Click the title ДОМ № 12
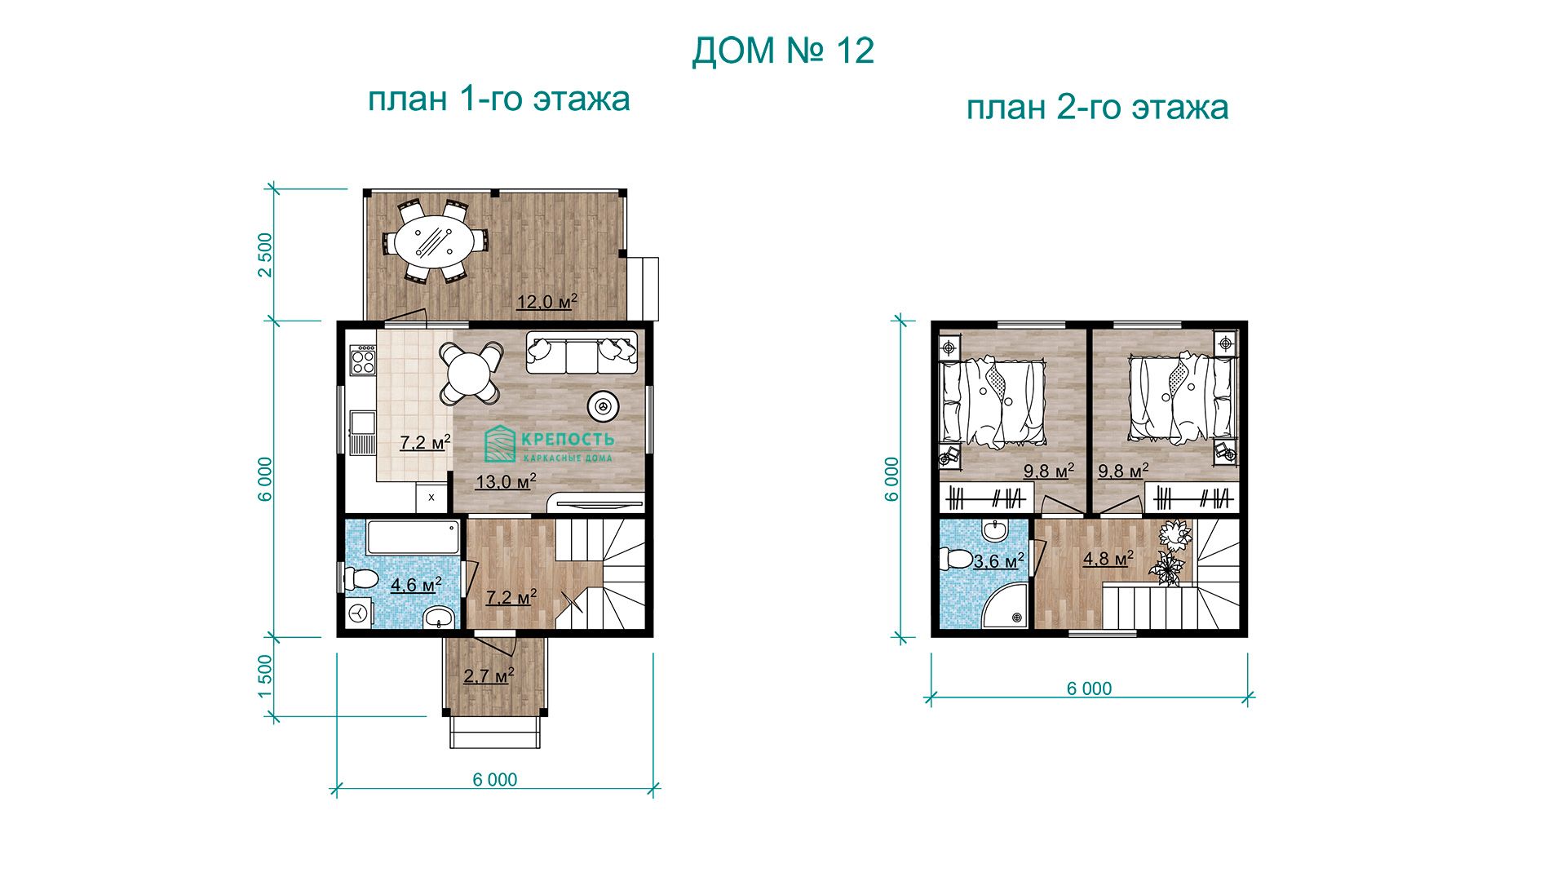point(783,51)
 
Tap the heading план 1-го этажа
point(498,99)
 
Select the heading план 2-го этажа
point(1097,107)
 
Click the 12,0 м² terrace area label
point(546,302)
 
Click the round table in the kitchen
point(468,374)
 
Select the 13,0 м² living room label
point(506,482)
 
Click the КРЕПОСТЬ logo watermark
point(549,445)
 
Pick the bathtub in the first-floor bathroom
point(413,538)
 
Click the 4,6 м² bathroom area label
point(416,585)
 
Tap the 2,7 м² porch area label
point(489,675)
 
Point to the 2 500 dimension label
point(265,255)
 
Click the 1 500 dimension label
point(265,676)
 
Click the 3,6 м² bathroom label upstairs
point(999,561)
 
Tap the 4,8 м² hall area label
point(1108,559)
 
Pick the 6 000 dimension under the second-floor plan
point(1089,688)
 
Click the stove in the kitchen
point(362,360)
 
